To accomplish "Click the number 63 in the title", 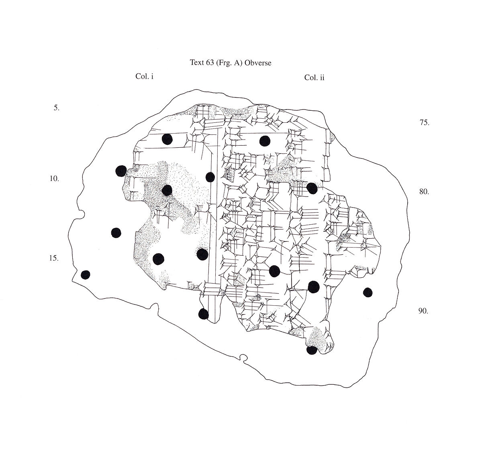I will [208, 63].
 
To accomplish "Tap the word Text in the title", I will [196, 63].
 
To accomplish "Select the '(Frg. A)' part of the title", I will [229, 63].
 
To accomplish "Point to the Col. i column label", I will [145, 77].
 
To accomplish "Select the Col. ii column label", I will [314, 77].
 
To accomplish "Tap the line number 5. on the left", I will [56, 108].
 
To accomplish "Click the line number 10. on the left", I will [54, 179].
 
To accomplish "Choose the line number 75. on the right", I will [424, 123].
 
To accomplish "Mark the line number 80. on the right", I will [424, 191].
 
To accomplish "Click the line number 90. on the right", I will [423, 311].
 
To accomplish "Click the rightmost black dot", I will [368, 292].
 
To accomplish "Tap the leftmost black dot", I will [86, 274].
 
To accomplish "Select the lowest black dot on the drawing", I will [311, 350].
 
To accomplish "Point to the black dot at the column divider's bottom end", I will [204, 314].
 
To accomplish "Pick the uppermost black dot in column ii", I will [264, 141].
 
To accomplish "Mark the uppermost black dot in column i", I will [167, 139].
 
